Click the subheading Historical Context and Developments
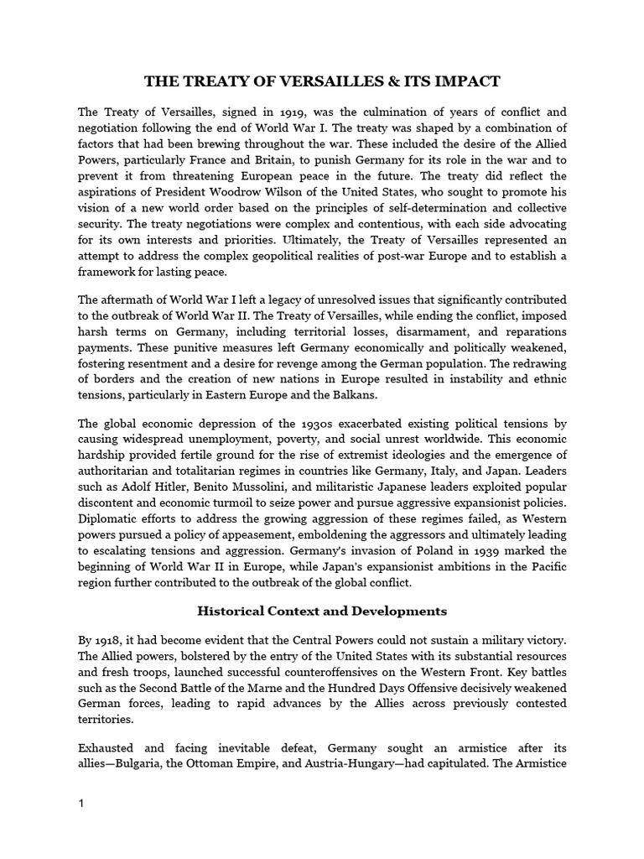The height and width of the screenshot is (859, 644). (322, 611)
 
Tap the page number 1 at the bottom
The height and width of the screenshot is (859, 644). (80, 804)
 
